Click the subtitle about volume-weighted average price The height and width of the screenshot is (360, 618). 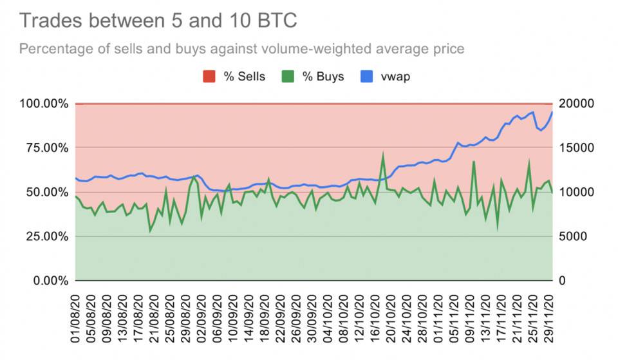tap(242, 49)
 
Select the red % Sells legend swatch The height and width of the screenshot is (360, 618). tap(209, 77)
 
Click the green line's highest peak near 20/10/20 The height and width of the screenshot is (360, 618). tap(383, 155)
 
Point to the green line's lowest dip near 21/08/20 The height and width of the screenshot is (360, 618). tap(151, 231)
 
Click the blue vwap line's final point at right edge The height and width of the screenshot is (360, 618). tap(552, 112)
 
